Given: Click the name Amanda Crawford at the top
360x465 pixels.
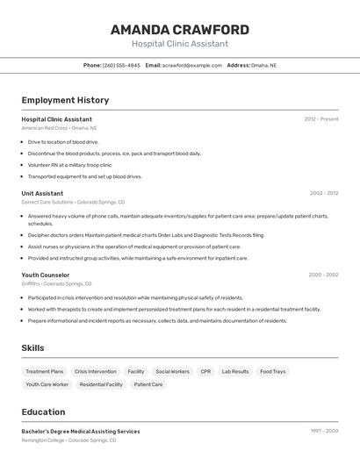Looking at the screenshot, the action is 180,30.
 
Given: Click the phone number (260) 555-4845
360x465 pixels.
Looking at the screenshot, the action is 121,66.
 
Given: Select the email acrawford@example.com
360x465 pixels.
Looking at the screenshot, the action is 191,66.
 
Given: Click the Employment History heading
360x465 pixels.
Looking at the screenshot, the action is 65,100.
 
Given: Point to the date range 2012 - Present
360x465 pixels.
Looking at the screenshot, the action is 321,119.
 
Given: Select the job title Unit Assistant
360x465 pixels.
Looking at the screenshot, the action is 42,193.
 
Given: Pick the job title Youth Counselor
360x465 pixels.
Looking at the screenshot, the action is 46,275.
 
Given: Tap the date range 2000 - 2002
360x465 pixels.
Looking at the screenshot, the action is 323,275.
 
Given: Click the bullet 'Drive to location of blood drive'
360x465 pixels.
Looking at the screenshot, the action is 63,141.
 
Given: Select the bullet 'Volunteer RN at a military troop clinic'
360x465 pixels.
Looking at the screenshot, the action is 69,165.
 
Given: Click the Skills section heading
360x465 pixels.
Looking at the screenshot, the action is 32,348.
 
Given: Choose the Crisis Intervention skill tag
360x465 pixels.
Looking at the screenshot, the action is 95,371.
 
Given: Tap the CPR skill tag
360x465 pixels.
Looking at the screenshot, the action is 205,371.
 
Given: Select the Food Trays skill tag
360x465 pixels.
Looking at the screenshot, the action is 272,371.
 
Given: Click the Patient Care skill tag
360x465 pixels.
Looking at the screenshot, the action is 148,384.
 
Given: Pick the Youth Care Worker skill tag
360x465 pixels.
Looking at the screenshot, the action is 47,384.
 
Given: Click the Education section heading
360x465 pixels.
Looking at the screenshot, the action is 43,412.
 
